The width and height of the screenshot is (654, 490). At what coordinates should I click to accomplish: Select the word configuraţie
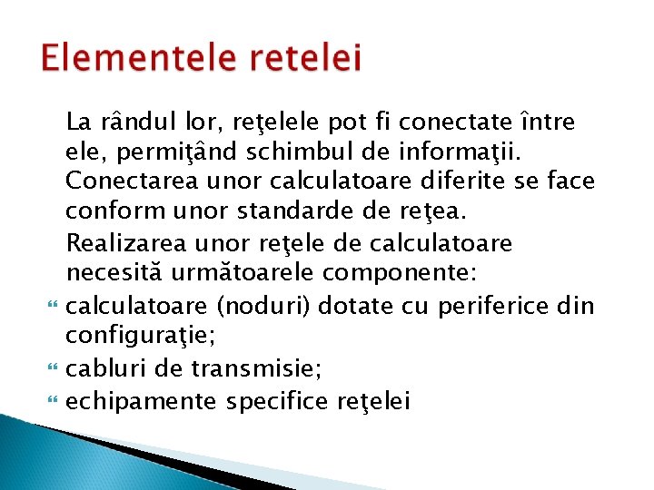[140, 338]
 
